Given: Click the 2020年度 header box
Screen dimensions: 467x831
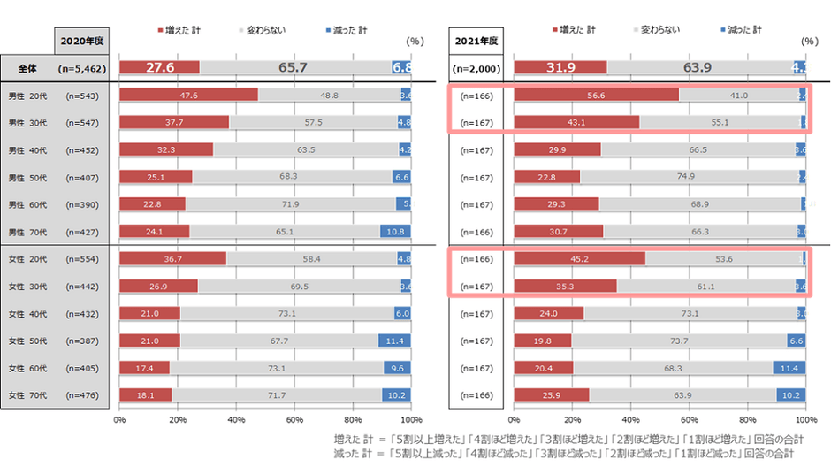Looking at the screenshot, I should tap(80, 41).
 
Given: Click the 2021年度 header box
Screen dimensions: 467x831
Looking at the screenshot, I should tap(476, 41).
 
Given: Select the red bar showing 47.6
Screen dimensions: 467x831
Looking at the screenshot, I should tap(187, 95).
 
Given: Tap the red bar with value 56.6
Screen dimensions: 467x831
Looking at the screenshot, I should tap(595, 95).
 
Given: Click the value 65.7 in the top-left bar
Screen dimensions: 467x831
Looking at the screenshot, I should tap(293, 68).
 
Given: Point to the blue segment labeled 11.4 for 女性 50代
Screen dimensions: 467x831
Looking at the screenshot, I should tap(394, 341).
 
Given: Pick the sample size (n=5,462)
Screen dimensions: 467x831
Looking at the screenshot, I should tap(81, 68).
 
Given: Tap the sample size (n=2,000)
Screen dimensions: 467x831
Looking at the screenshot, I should tap(476, 68).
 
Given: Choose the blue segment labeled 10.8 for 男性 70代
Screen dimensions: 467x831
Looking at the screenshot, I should tap(395, 232).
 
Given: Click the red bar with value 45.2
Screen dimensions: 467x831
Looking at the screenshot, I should tap(579, 259).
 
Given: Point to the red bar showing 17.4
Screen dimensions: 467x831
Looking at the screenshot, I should tap(144, 368).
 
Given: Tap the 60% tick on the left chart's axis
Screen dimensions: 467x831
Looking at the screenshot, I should tap(294, 420).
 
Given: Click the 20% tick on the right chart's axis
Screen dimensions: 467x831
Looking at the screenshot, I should tap(572, 420).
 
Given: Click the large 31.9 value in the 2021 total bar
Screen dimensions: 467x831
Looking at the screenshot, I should tap(560, 68).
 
